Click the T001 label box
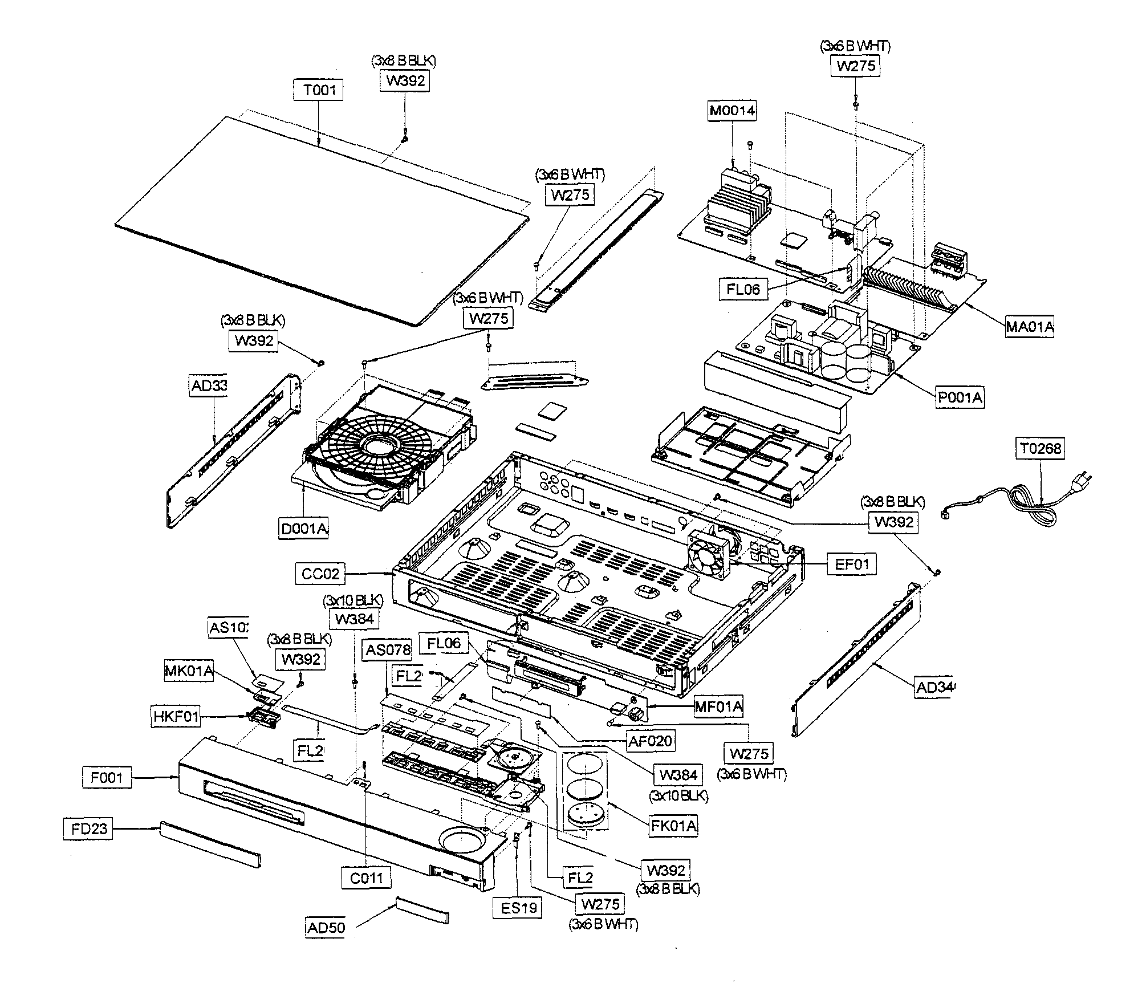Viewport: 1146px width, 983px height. pyautogui.click(x=319, y=90)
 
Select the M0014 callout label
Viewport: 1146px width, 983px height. pyautogui.click(x=732, y=111)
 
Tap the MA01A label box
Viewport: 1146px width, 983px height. pyautogui.click(x=1029, y=327)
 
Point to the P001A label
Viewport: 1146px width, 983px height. pyautogui.click(x=960, y=397)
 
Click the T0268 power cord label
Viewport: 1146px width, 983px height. pyautogui.click(x=1041, y=449)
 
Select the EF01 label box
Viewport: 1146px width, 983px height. pyautogui.click(x=851, y=564)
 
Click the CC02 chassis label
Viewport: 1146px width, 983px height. pyautogui.click(x=320, y=574)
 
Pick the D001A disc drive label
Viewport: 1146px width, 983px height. pyautogui.click(x=304, y=529)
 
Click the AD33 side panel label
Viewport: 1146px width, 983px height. pyautogui.click(x=208, y=386)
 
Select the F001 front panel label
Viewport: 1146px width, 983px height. pyautogui.click(x=107, y=777)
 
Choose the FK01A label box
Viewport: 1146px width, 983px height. pyautogui.click(x=673, y=826)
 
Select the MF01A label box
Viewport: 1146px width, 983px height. pyautogui.click(x=718, y=707)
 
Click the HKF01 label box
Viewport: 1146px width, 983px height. pyautogui.click(x=176, y=716)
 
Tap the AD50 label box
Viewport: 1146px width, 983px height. pyautogui.click(x=325, y=927)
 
